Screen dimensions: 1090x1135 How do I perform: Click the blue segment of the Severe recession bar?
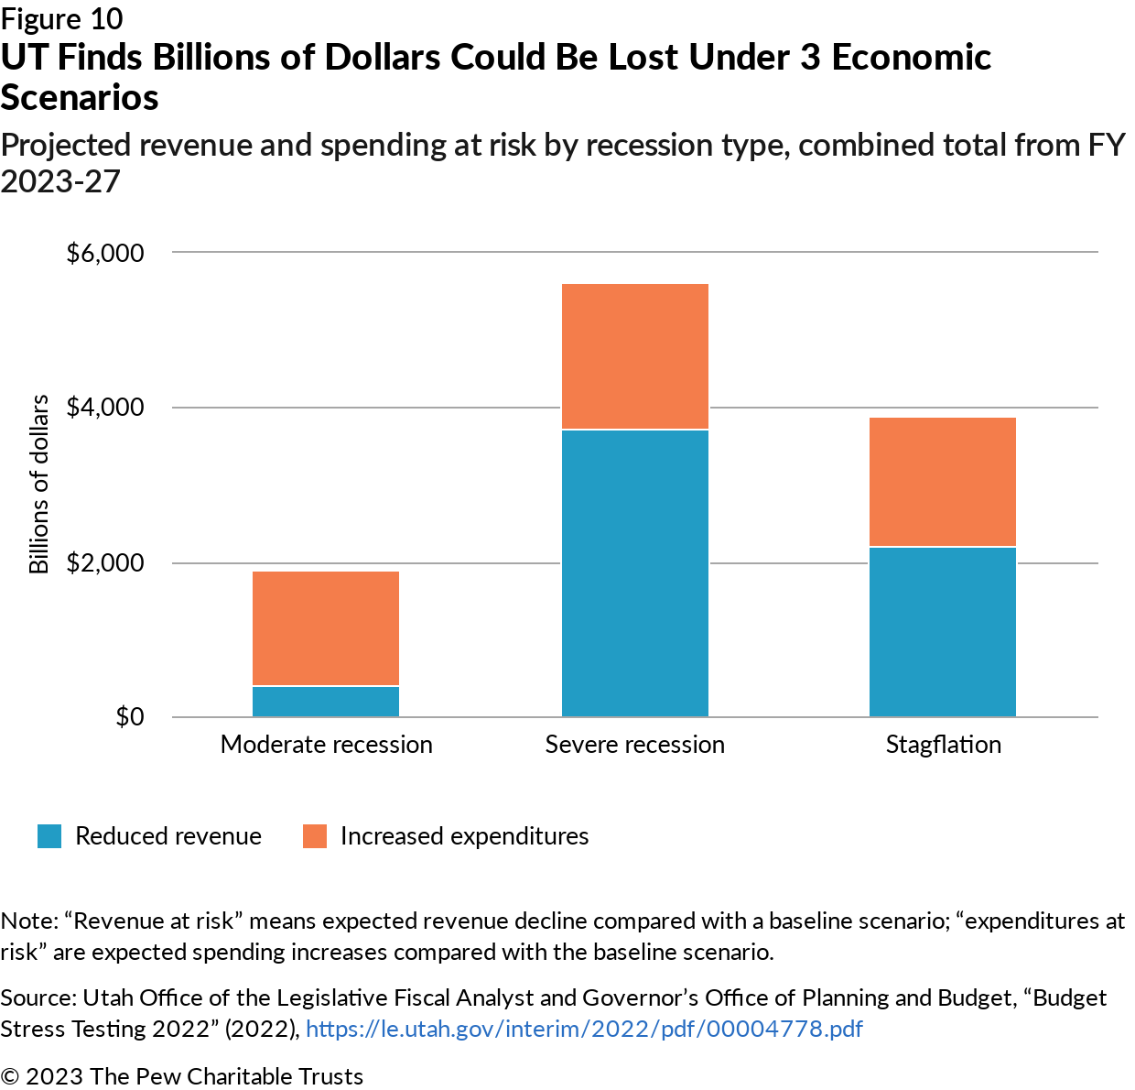(x=634, y=572)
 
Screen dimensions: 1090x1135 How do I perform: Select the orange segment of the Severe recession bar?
(x=634, y=356)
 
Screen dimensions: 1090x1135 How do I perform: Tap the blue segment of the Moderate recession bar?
(x=326, y=702)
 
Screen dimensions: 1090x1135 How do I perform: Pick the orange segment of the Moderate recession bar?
(x=326, y=628)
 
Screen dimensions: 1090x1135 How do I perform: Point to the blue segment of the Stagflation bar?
(x=942, y=632)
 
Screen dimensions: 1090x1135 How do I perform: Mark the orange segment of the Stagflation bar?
(x=942, y=482)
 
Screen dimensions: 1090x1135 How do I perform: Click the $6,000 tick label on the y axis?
(x=105, y=253)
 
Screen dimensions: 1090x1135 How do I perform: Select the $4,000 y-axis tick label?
(x=105, y=408)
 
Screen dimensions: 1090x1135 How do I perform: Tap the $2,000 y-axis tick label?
(x=105, y=562)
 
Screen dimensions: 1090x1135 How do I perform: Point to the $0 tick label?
(x=129, y=716)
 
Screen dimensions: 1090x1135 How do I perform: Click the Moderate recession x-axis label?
(x=326, y=745)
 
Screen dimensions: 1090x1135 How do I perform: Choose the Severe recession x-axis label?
(x=634, y=745)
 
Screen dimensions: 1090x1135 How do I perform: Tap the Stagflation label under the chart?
(x=943, y=745)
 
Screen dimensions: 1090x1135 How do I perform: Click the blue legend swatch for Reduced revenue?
(x=49, y=836)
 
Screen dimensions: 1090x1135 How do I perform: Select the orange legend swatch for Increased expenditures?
(x=315, y=836)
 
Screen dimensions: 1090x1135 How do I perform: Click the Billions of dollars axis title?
(x=38, y=485)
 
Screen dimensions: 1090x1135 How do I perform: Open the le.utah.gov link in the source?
(x=584, y=1029)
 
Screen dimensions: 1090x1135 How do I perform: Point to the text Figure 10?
(x=62, y=18)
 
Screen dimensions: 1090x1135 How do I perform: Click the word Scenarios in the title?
(x=80, y=97)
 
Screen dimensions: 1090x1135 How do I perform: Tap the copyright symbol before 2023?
(x=10, y=1076)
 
